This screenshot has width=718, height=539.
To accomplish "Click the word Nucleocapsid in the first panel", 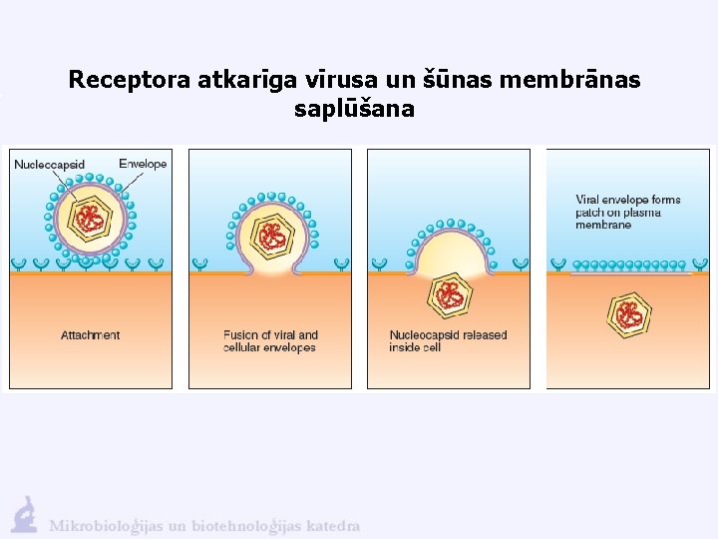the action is (49, 164).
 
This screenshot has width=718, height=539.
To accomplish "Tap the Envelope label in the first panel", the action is (142, 164).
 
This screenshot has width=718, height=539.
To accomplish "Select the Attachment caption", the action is (90, 335).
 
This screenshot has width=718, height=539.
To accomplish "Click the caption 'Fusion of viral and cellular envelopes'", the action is (270, 341).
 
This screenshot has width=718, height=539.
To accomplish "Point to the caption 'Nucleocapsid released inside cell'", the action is (448, 341).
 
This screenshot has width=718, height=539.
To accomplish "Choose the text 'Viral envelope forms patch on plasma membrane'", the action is (627, 212).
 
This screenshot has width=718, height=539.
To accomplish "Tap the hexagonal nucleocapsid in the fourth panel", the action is (630, 313).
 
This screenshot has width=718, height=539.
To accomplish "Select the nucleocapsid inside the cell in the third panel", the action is (451, 295).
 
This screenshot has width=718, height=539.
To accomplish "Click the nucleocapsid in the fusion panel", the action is (270, 237).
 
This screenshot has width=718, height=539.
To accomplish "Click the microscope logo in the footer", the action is (25, 515).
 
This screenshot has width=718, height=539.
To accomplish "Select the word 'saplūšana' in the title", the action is (354, 109).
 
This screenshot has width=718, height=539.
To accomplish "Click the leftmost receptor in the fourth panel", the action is (558, 265).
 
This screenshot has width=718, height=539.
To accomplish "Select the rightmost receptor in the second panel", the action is (341, 265).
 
